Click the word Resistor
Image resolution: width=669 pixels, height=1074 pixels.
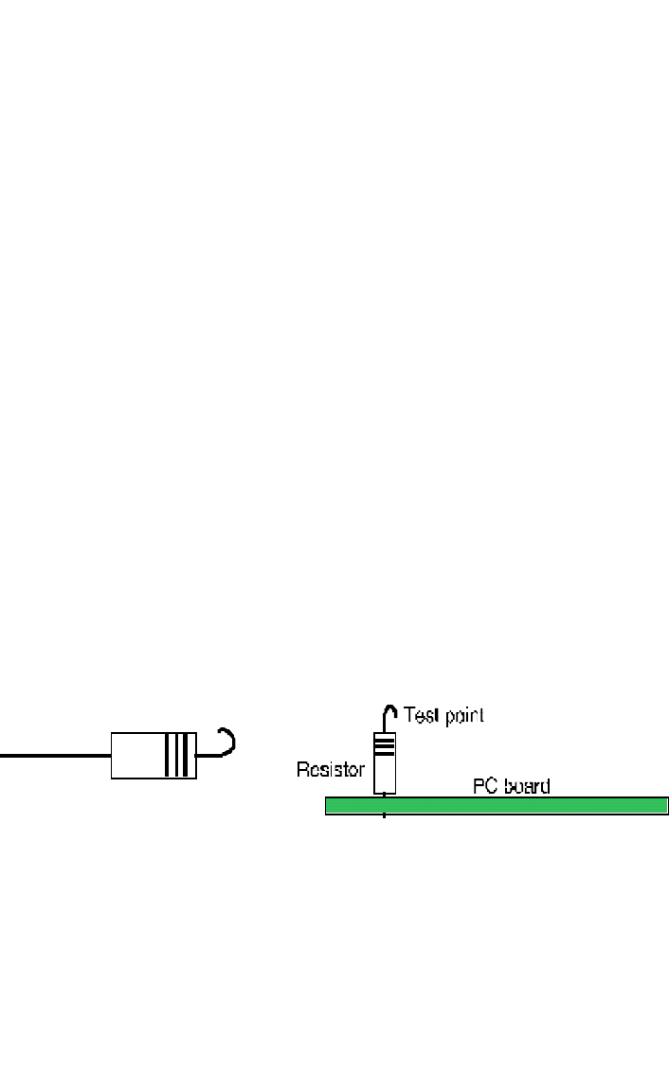[x=331, y=770]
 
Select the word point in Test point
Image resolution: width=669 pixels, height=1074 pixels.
[x=461, y=716]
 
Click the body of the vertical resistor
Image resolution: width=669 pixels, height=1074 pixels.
[x=384, y=772]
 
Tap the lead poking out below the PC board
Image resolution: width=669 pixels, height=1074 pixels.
[x=384, y=817]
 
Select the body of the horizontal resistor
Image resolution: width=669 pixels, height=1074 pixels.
[x=142, y=756]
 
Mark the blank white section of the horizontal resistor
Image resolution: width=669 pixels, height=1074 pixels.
[x=137, y=756]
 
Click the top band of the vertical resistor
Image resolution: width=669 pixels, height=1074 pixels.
[x=384, y=738]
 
